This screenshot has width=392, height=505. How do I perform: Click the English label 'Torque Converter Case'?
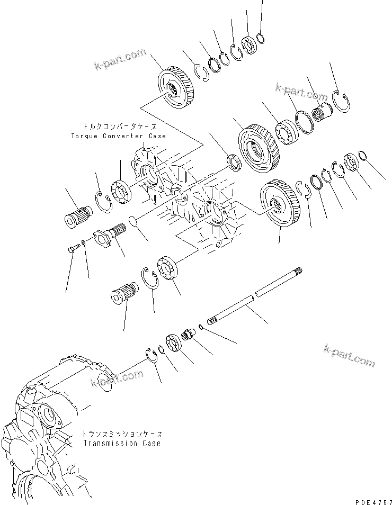(x=118, y=136)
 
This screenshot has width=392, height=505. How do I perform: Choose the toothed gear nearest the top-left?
(x=175, y=87)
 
